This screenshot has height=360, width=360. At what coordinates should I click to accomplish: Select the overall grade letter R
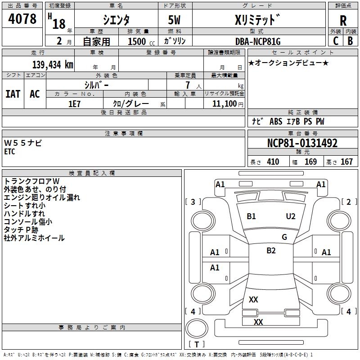tap(343, 20)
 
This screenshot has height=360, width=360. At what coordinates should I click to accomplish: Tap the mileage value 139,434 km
tap(52, 65)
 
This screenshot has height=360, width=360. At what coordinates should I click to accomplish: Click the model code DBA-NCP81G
tap(258, 41)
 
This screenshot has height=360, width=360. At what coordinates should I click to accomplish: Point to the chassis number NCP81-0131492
tap(302, 144)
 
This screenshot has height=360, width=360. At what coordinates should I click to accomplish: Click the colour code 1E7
tap(74, 103)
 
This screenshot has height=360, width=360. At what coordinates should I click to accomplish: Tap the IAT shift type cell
tap(13, 94)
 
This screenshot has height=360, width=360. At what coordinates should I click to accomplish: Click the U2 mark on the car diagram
tap(291, 216)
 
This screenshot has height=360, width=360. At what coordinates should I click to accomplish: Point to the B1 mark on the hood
tap(251, 216)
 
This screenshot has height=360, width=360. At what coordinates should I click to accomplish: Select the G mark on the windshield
tap(284, 237)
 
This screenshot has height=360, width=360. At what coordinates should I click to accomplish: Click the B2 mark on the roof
tap(271, 251)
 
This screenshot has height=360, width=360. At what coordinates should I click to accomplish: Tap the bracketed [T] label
tap(196, 345)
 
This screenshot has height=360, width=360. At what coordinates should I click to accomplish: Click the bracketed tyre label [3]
tap(193, 202)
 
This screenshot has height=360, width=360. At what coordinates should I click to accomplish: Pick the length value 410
tap(273, 162)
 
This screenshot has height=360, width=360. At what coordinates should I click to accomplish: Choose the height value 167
tap(346, 162)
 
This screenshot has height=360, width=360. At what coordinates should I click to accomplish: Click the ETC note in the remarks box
tap(9, 152)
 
